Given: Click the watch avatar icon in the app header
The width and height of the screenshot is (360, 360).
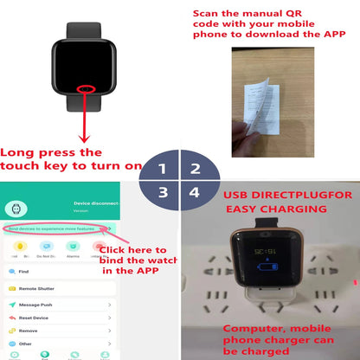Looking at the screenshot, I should coord(15,209).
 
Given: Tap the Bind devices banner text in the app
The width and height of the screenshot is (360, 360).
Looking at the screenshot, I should coord(52,228).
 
